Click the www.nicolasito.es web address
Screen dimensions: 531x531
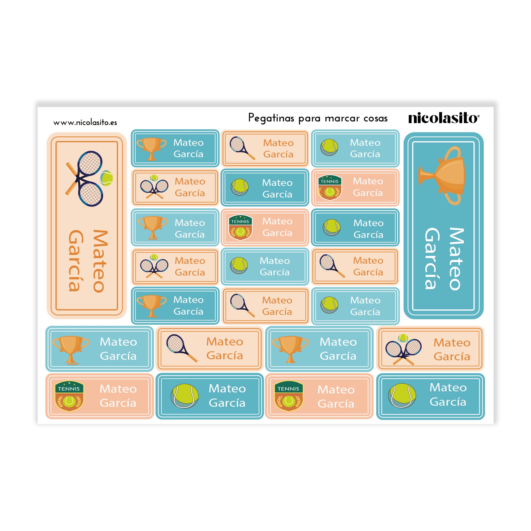[x=85, y=123]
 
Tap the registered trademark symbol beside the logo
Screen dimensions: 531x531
[x=478, y=116]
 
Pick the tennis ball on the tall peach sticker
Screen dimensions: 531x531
[x=106, y=178]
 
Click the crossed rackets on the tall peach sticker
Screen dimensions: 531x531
[x=84, y=178]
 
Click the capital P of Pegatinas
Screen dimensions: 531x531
[x=251, y=117]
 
